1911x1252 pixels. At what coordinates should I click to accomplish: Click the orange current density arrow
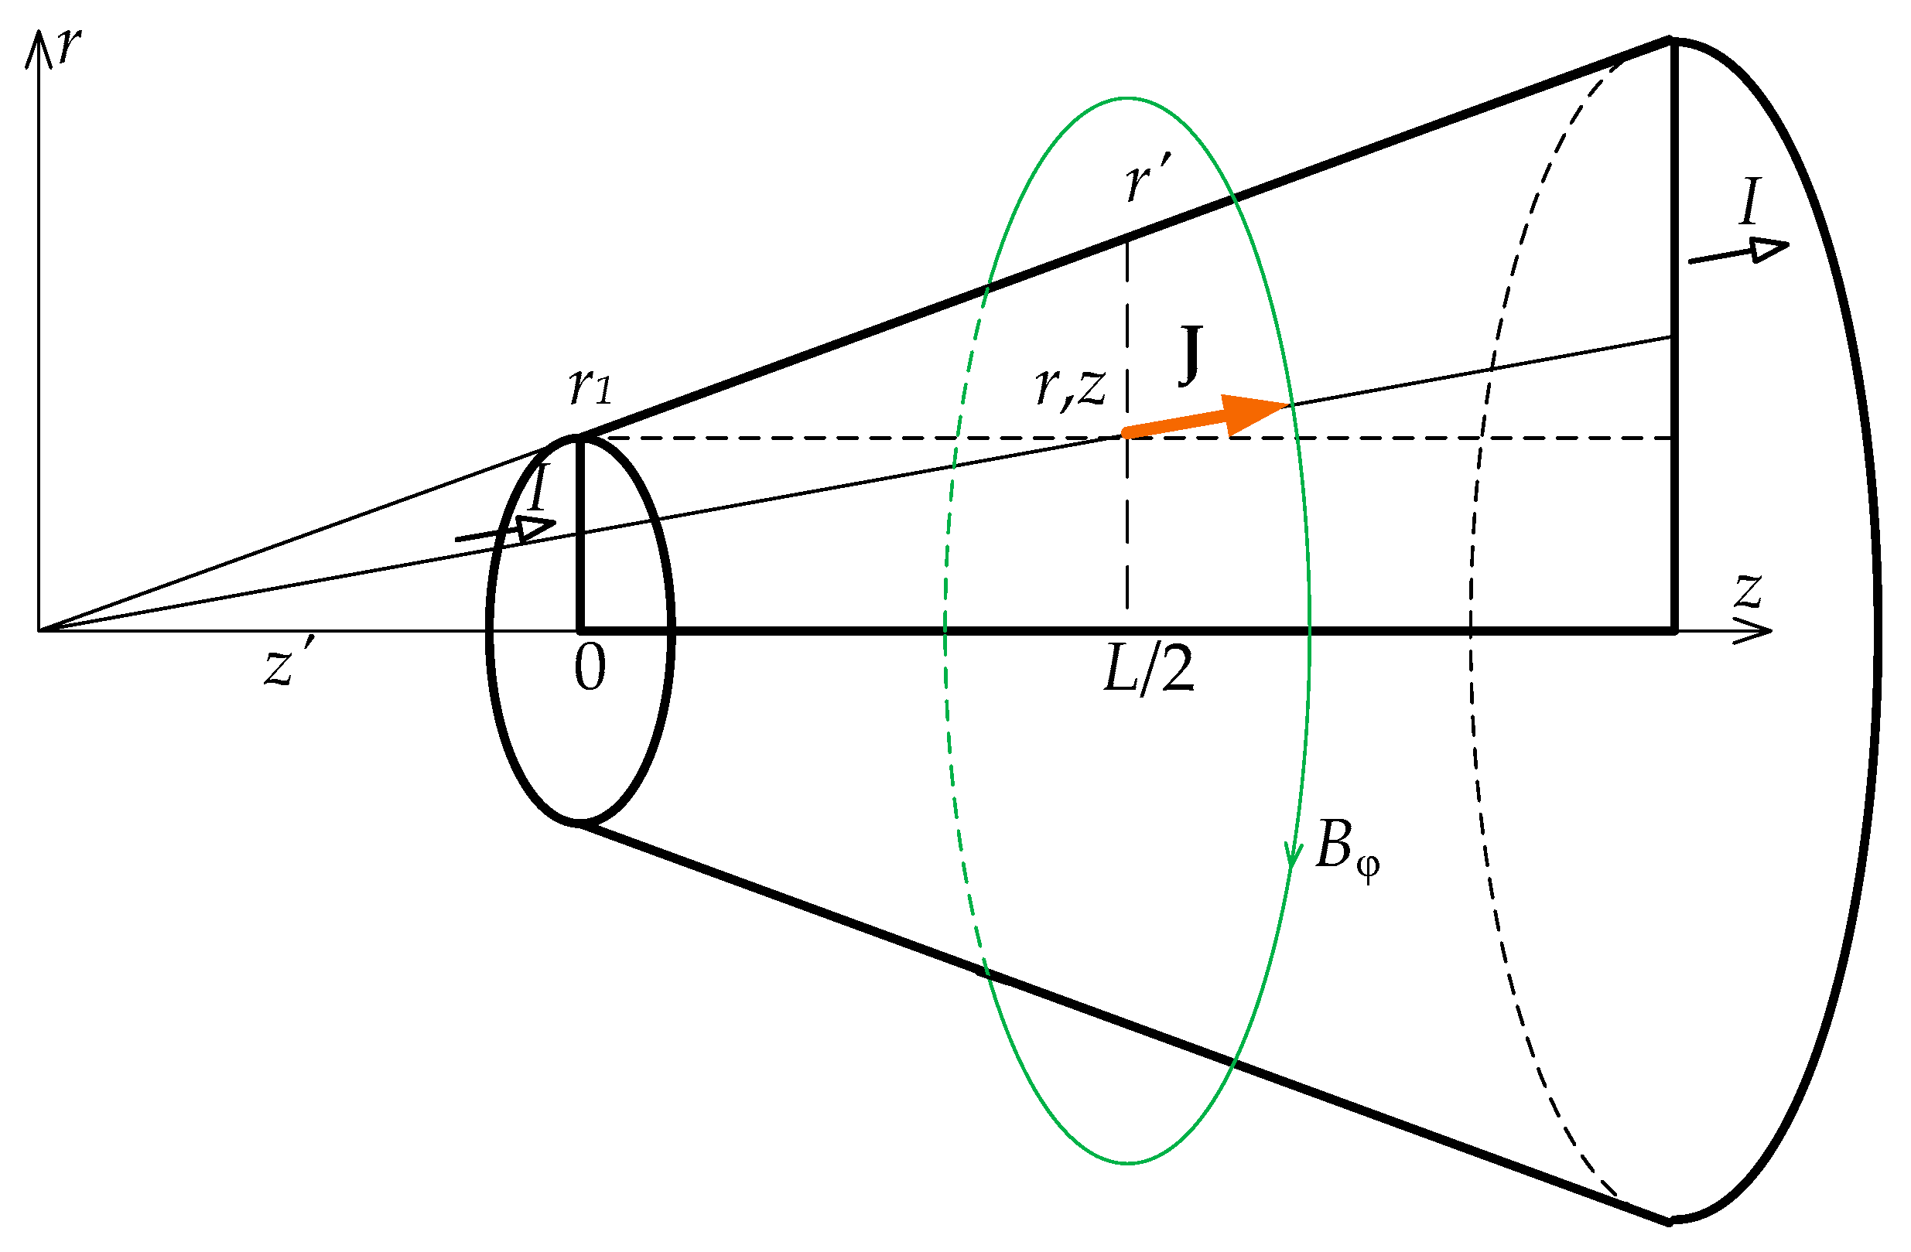point(1205,418)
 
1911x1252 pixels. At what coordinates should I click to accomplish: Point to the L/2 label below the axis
point(1148,670)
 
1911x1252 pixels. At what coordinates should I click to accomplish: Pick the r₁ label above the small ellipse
point(590,387)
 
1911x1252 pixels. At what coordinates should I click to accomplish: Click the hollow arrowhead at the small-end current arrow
point(535,527)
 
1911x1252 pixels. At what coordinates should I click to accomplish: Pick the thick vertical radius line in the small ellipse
point(579,534)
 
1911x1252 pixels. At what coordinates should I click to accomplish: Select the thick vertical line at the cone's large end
point(1675,337)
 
